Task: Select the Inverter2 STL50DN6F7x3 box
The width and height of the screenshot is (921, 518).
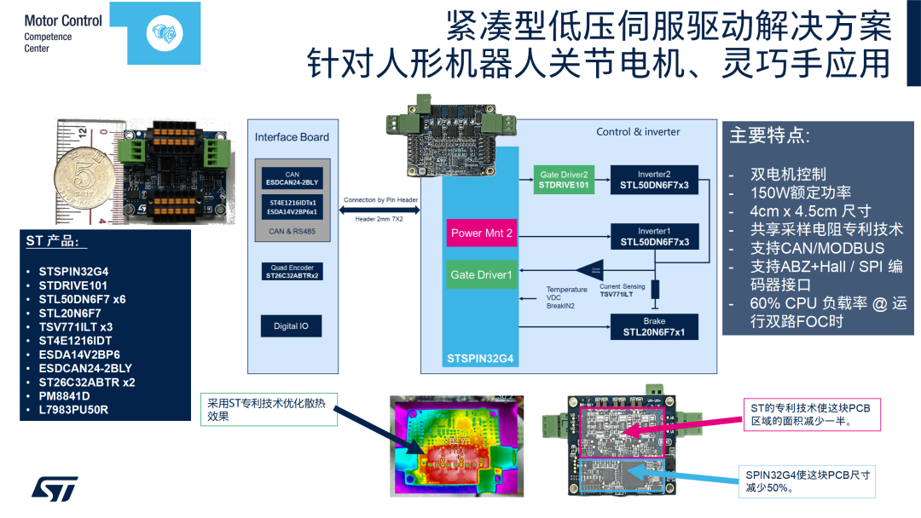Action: [x=654, y=180]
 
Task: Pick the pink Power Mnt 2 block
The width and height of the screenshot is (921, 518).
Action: [x=482, y=233]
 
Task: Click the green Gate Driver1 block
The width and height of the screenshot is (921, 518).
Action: [x=482, y=274]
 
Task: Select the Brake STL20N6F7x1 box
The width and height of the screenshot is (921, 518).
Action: [x=654, y=327]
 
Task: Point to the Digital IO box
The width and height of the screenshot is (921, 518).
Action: [x=292, y=326]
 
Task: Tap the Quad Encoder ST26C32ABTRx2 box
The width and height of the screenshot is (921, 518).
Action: [x=292, y=272]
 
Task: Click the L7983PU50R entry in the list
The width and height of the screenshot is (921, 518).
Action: [x=73, y=410]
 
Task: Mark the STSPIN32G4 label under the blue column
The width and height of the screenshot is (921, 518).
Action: [x=481, y=360]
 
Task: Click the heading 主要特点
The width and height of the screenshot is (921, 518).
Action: [x=770, y=135]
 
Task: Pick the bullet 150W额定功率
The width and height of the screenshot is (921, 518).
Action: [x=800, y=193]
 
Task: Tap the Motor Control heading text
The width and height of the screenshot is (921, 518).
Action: [x=63, y=20]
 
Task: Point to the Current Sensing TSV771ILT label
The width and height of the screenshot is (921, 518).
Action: [x=622, y=290]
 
